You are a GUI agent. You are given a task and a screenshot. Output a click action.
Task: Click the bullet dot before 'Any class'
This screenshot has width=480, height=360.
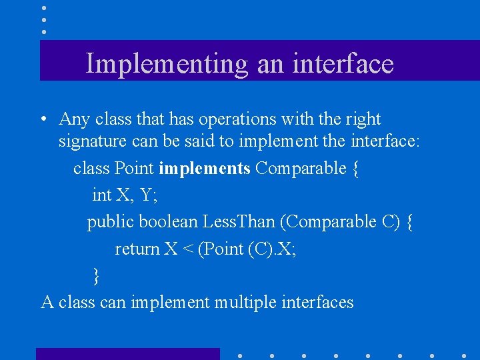42,120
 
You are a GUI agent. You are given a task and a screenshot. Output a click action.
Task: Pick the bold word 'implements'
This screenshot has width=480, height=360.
204,169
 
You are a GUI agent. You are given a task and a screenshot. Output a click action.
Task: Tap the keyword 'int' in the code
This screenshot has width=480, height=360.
101,195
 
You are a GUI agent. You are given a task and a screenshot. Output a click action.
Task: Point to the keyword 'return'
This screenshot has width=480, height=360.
137,249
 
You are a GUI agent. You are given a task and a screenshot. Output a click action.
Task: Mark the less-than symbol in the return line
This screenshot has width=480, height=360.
189,249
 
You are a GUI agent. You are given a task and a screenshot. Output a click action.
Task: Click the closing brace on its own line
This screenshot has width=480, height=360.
97,275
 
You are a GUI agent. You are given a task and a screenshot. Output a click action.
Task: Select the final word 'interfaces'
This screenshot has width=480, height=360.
317,302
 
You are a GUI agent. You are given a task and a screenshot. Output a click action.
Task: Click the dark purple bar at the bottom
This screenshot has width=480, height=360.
127,354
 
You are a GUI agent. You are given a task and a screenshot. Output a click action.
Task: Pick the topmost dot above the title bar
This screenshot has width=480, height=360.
44,8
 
